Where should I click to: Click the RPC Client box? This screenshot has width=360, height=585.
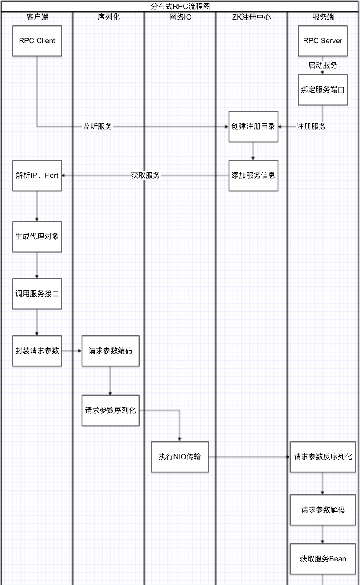click(37, 41)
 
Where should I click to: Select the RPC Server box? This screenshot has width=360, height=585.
click(322, 41)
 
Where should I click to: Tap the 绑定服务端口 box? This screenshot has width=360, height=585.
click(322, 90)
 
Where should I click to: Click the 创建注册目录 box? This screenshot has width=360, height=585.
click(253, 126)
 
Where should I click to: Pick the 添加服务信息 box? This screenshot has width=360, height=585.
click(253, 175)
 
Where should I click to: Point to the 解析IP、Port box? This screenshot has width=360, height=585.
click(37, 175)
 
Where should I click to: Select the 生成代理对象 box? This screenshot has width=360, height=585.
click(37, 237)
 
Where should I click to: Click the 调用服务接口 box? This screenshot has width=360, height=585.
click(37, 294)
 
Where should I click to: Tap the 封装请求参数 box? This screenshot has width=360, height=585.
click(37, 351)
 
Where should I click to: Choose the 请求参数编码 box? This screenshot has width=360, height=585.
click(111, 351)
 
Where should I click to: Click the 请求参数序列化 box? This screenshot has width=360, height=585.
click(111, 410)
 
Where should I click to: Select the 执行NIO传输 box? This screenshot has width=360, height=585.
click(180, 457)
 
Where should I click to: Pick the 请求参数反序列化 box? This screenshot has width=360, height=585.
click(322, 457)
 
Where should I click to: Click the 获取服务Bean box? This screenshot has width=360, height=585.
click(322, 559)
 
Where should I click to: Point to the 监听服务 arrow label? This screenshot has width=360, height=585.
click(98, 126)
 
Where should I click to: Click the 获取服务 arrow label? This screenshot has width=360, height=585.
click(146, 175)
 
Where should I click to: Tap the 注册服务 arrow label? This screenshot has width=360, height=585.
click(311, 126)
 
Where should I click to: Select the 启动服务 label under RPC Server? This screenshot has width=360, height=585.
click(322, 65)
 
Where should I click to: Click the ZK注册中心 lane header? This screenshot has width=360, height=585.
click(251, 17)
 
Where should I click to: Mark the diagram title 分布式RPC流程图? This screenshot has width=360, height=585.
click(180, 6)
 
